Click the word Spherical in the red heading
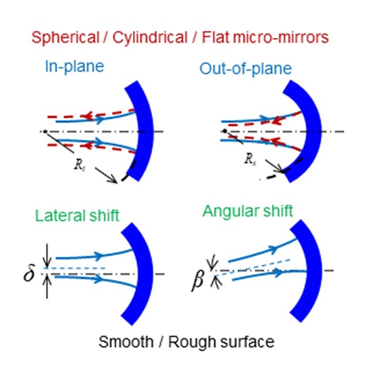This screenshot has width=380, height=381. tap(65, 38)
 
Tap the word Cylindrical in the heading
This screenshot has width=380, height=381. tap(150, 38)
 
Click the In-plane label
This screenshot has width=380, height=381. tap(75, 67)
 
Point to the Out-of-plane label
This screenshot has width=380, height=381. tap(245, 69)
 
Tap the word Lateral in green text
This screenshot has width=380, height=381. tap(60, 215)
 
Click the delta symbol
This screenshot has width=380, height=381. tap(29, 273)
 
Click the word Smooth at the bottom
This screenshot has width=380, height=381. tap(126, 342)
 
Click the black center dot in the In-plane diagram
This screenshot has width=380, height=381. tap(45, 132)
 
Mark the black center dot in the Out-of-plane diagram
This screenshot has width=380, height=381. tap(225, 131)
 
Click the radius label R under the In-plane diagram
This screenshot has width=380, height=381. tap(79, 165)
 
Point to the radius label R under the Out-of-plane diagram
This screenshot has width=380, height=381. tap(250, 159)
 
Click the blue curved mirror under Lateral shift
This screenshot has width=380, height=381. tap(145, 274)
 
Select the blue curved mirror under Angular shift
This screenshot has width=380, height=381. tap(313, 270)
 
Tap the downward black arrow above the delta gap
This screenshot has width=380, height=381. tap(47, 256)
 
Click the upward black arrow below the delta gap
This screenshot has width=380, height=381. tap(47, 287)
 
